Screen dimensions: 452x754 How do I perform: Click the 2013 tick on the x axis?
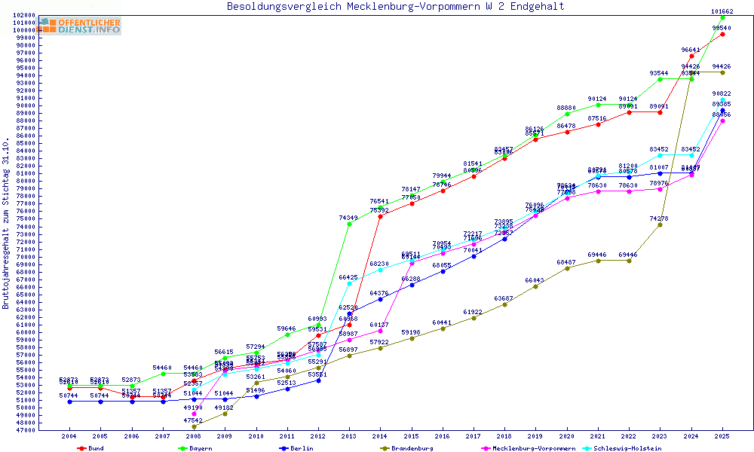click(x=348, y=436)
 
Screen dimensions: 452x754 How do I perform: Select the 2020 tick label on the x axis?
click(x=566, y=436)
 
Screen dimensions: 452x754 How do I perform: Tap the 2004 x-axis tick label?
click(x=69, y=436)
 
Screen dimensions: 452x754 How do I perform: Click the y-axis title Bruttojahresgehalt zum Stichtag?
click(x=6, y=224)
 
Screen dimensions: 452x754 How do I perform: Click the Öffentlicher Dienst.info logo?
click(x=80, y=26)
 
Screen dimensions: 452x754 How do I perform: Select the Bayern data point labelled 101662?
click(x=722, y=17)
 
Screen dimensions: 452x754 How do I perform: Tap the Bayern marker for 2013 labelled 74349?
click(x=348, y=224)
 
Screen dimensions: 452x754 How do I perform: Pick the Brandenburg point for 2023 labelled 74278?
click(x=660, y=224)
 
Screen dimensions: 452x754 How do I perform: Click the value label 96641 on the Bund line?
click(x=691, y=50)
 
